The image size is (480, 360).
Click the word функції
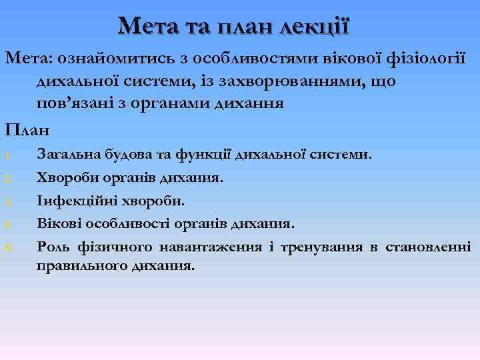(204, 155)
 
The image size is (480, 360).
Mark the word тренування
(320, 247)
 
